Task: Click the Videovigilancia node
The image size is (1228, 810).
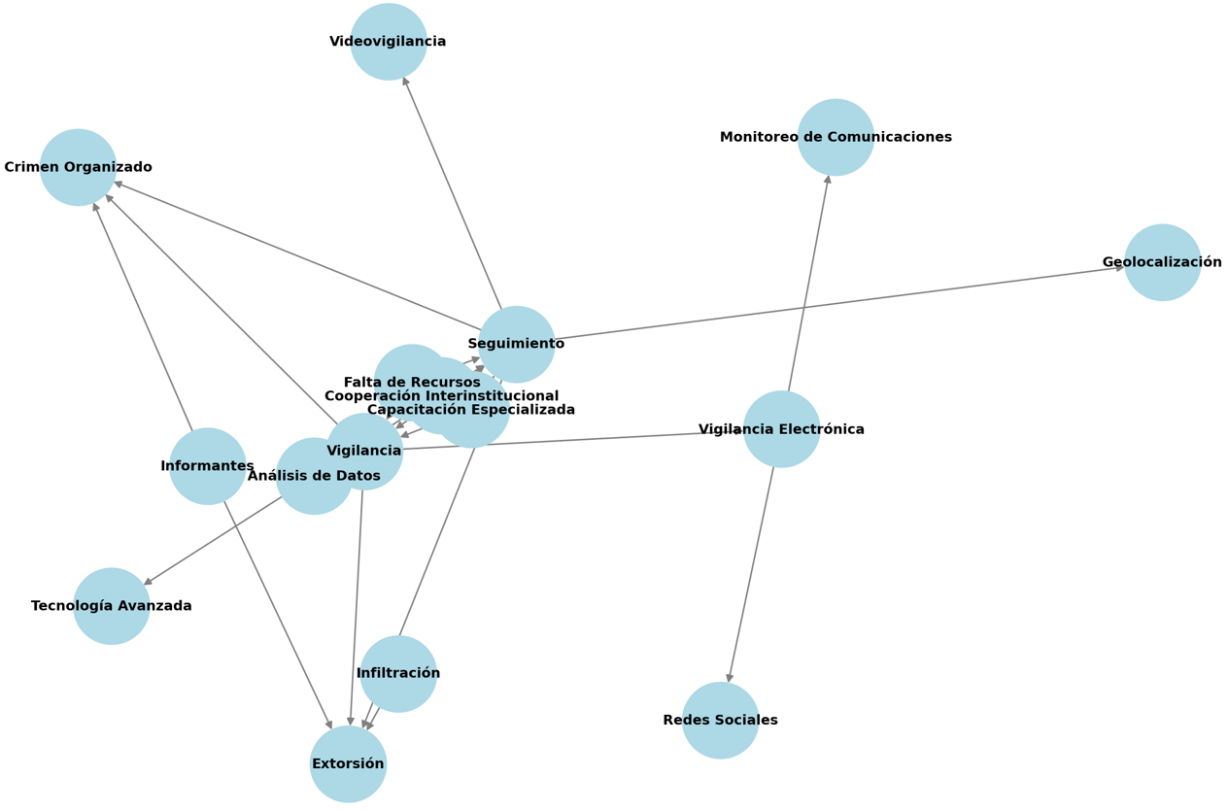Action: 389,42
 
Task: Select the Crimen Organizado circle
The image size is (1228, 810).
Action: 78,167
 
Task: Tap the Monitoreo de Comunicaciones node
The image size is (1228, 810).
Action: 836,137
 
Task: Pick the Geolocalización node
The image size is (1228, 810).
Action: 1162,262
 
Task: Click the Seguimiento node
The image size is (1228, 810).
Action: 516,344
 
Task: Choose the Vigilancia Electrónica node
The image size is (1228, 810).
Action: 781,429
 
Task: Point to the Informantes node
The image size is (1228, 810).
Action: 207,466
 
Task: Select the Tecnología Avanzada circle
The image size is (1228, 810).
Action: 112,606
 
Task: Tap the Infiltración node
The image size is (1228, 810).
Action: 398,673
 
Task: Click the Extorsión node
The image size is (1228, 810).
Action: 348,764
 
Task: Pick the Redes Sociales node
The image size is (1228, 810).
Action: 720,721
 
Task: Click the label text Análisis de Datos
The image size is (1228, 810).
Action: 314,476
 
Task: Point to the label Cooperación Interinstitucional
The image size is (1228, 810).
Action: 441,396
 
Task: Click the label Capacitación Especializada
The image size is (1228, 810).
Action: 471,410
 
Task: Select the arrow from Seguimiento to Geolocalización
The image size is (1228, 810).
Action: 836,303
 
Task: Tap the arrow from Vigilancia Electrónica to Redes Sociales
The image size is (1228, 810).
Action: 752,573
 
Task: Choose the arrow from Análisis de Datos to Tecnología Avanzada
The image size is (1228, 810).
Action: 214,540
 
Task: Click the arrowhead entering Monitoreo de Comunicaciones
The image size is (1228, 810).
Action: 828,179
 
